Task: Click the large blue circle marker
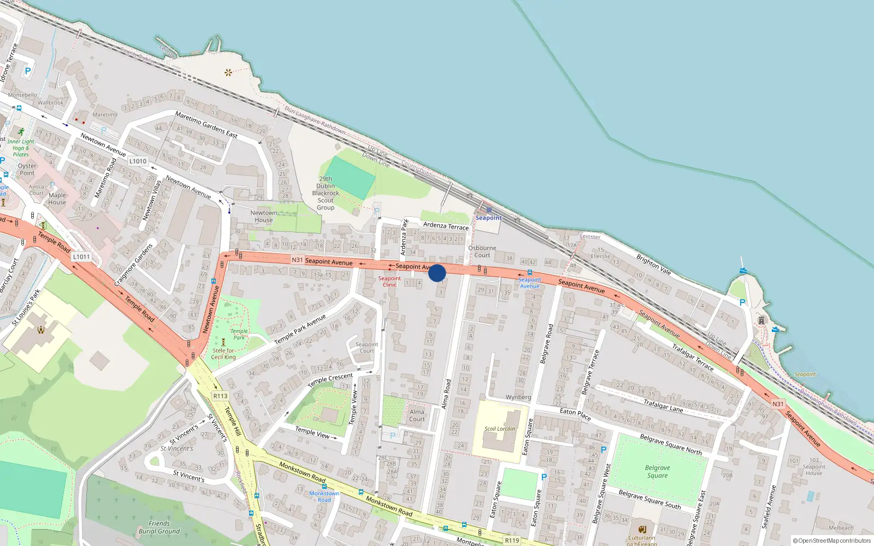[x=437, y=272]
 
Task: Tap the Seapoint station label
[x=488, y=218]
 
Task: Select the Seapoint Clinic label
[x=389, y=281]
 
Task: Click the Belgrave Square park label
[x=657, y=472]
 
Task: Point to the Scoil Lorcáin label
[x=499, y=429]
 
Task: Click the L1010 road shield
[x=138, y=161]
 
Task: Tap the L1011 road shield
[x=81, y=257]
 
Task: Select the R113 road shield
[x=220, y=396]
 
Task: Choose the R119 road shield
[x=512, y=541]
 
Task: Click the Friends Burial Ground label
[x=159, y=527]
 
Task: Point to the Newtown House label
[x=263, y=216]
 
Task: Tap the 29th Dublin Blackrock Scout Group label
[x=326, y=193]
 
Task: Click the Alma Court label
[x=417, y=416]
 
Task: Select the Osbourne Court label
[x=482, y=251]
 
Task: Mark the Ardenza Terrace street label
[x=446, y=225]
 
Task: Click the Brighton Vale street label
[x=653, y=264]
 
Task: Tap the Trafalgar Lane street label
[x=663, y=405]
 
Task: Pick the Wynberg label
[x=518, y=397]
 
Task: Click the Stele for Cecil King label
[x=223, y=354]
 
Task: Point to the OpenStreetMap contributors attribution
[x=831, y=541]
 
